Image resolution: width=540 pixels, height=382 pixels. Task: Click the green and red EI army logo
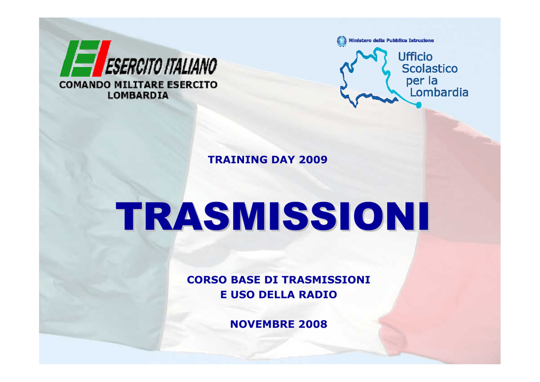pos(85,58)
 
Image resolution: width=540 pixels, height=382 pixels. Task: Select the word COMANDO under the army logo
pos(85,85)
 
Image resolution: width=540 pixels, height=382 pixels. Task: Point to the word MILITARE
pos(139,85)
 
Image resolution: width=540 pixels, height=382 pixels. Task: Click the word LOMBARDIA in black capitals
pos(138,96)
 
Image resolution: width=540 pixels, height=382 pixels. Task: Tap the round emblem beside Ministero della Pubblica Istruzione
pos(341,41)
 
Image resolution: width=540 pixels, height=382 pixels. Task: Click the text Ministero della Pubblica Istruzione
pos(391,41)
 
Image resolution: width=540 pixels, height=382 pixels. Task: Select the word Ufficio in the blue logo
pos(416,56)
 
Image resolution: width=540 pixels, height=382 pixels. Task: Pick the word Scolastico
pos(429,69)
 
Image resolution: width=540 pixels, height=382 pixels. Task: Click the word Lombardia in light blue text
pos(439,92)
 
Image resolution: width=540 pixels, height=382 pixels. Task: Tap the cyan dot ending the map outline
pos(419,104)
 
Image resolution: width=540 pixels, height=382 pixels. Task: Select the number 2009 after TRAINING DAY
pos(313,160)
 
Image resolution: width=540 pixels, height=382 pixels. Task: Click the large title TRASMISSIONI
pos(273,216)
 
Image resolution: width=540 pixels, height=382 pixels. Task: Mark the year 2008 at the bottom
pos(313,324)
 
